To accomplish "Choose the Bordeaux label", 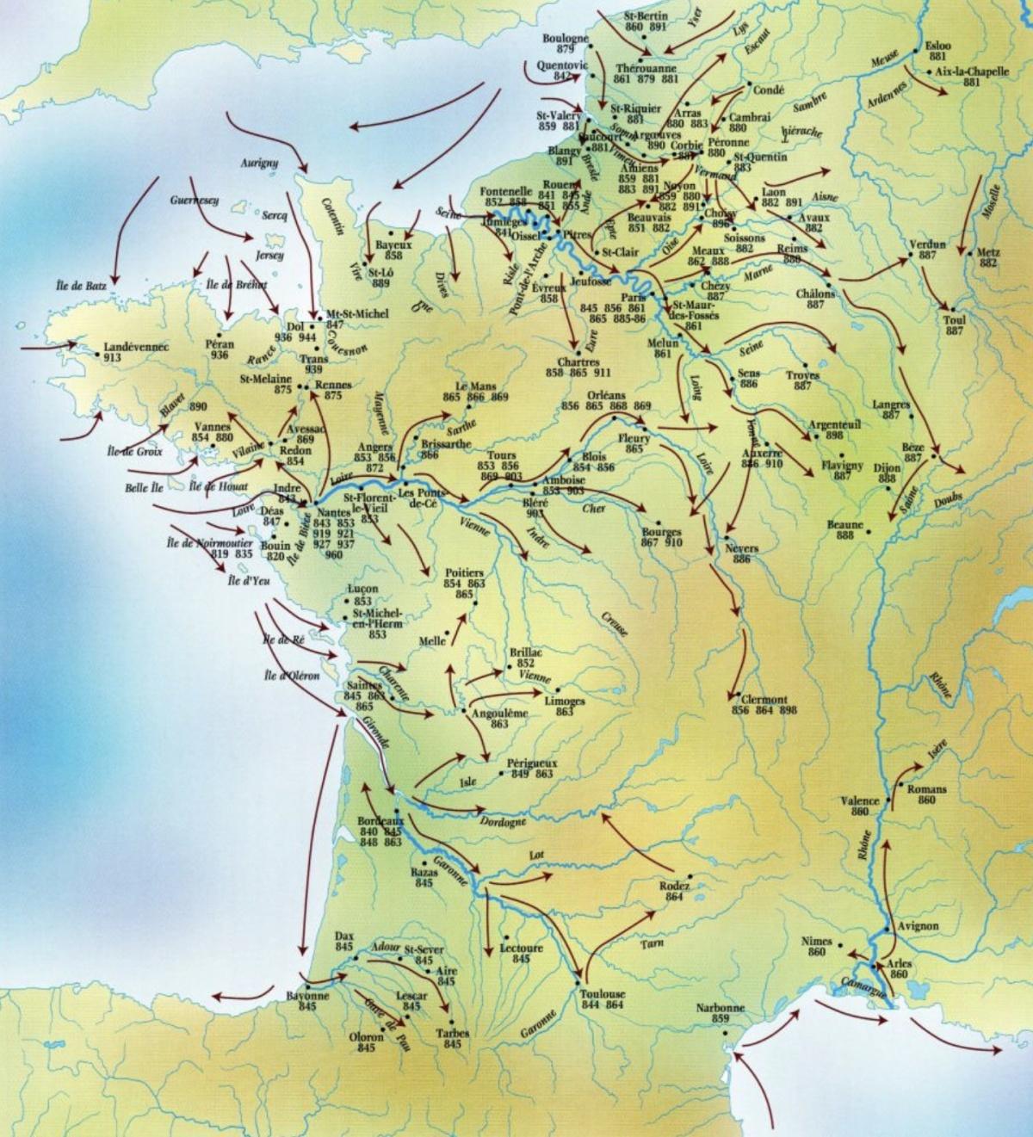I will coord(380,821).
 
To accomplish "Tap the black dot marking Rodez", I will coord(690,877).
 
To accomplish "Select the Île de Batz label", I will coord(78,285).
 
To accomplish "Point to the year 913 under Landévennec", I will coord(112,357).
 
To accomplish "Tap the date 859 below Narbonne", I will coord(721,1019).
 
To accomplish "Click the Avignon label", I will coord(918,926).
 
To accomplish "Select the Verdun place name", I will coord(927,245).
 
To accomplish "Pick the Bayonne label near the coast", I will coord(308,996).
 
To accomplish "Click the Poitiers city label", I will coord(465,572).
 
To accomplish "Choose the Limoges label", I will coord(565,701).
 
